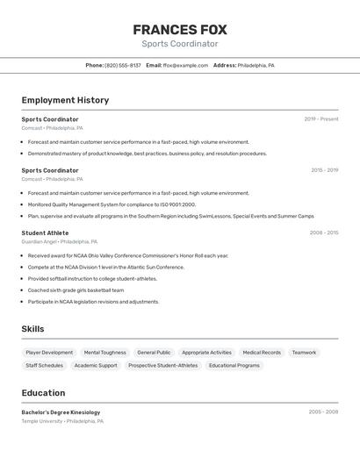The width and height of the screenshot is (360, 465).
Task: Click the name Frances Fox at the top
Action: [180, 30]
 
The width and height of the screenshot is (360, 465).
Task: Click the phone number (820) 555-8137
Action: [123, 65]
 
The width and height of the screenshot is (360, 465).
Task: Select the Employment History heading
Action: [65, 100]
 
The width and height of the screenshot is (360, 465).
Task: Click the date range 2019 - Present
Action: [321, 119]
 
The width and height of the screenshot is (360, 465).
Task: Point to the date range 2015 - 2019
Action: [324, 170]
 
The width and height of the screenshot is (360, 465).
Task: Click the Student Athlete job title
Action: [45, 232]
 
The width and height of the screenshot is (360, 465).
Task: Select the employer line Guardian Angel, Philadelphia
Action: [59, 241]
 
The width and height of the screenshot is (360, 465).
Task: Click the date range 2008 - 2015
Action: [324, 232]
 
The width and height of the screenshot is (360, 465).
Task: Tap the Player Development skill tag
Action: [49, 353]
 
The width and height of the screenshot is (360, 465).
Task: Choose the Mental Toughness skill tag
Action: [104, 353]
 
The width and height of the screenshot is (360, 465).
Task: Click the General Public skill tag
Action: [154, 353]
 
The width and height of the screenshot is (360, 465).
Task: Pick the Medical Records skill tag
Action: [262, 353]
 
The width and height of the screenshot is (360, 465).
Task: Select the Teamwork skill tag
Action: [304, 353]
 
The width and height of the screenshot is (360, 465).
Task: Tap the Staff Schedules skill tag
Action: [44, 365]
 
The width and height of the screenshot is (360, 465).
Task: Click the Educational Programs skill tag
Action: [234, 365]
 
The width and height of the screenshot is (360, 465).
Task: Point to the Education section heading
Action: [43, 393]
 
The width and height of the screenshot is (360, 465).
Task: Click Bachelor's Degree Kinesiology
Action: [61, 411]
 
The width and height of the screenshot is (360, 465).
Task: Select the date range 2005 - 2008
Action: [323, 411]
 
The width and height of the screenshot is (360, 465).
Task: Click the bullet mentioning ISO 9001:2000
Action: [112, 204]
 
